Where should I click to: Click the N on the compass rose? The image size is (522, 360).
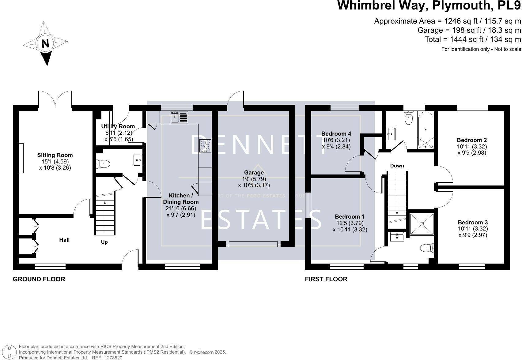click(45, 43)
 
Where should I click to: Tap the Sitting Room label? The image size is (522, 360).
click(55, 155)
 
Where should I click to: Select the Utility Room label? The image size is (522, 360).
click(118, 126)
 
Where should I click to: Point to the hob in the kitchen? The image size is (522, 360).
click(205, 146)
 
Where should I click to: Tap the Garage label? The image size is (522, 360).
click(254, 173)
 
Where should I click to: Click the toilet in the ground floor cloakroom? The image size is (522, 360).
click(103, 164)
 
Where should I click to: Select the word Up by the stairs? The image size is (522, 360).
click(104, 242)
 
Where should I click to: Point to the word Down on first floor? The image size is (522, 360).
click(397, 166)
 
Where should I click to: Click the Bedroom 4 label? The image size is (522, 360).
click(336, 134)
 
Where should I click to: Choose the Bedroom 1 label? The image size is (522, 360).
click(350, 217)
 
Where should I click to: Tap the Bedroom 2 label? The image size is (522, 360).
click(472, 141)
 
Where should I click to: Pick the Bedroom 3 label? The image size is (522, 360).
click(473, 223)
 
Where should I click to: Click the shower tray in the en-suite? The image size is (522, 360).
click(422, 224)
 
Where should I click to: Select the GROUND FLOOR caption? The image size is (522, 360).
click(39, 279)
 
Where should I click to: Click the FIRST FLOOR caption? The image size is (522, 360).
click(326, 279)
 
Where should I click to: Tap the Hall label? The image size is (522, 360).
click(64, 240)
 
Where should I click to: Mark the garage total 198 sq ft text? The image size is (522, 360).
click(469, 30)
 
